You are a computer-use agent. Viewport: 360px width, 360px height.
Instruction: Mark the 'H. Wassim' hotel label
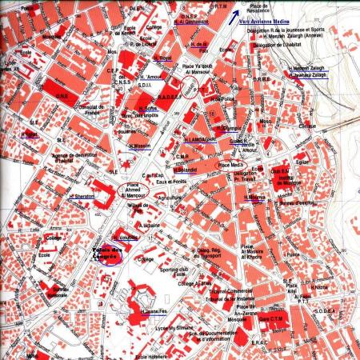click(x=140, y=146)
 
